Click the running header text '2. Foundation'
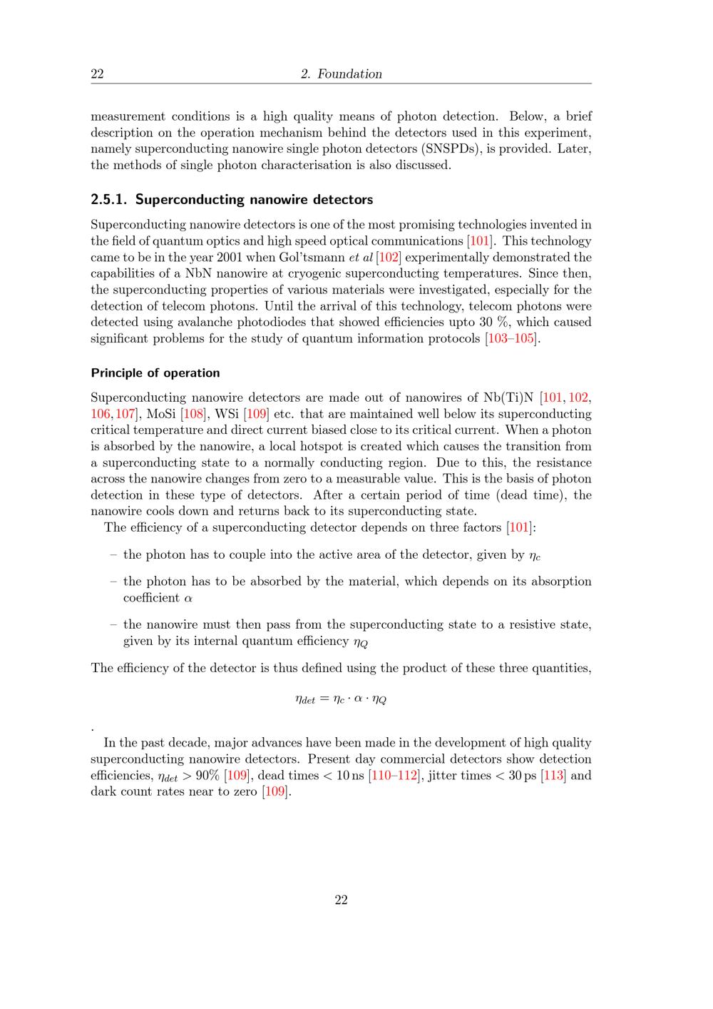[x=341, y=74]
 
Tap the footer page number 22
[x=341, y=900]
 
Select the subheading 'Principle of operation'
[x=155, y=373]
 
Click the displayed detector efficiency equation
[x=341, y=699]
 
